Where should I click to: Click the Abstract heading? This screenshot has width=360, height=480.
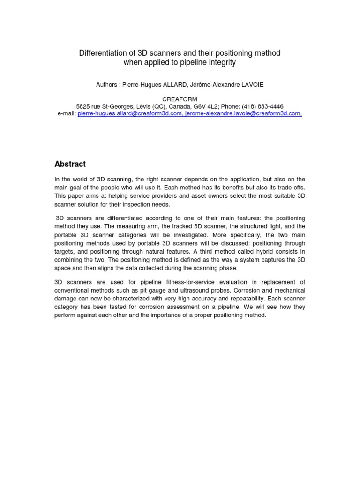70,164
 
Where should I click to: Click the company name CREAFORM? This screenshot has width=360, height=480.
180,99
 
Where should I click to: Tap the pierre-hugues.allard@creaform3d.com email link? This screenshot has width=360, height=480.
130,113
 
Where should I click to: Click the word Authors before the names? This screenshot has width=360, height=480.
107,85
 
